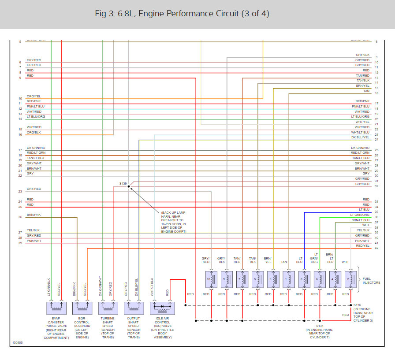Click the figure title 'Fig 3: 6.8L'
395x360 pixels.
182,14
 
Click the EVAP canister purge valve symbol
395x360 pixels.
56,307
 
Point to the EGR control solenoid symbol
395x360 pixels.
82,307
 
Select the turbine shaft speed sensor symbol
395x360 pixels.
108,307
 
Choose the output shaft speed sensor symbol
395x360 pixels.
134,307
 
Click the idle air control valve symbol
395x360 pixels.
162,307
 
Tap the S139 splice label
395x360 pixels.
123,183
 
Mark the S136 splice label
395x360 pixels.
358,305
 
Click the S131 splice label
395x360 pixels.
319,326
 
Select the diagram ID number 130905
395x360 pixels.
18,341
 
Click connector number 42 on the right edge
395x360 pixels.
376,248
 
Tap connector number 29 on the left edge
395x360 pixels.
20,243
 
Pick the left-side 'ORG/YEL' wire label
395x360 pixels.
34,96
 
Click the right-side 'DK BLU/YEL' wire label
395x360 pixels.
360,137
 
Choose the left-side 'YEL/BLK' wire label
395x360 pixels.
33,230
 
